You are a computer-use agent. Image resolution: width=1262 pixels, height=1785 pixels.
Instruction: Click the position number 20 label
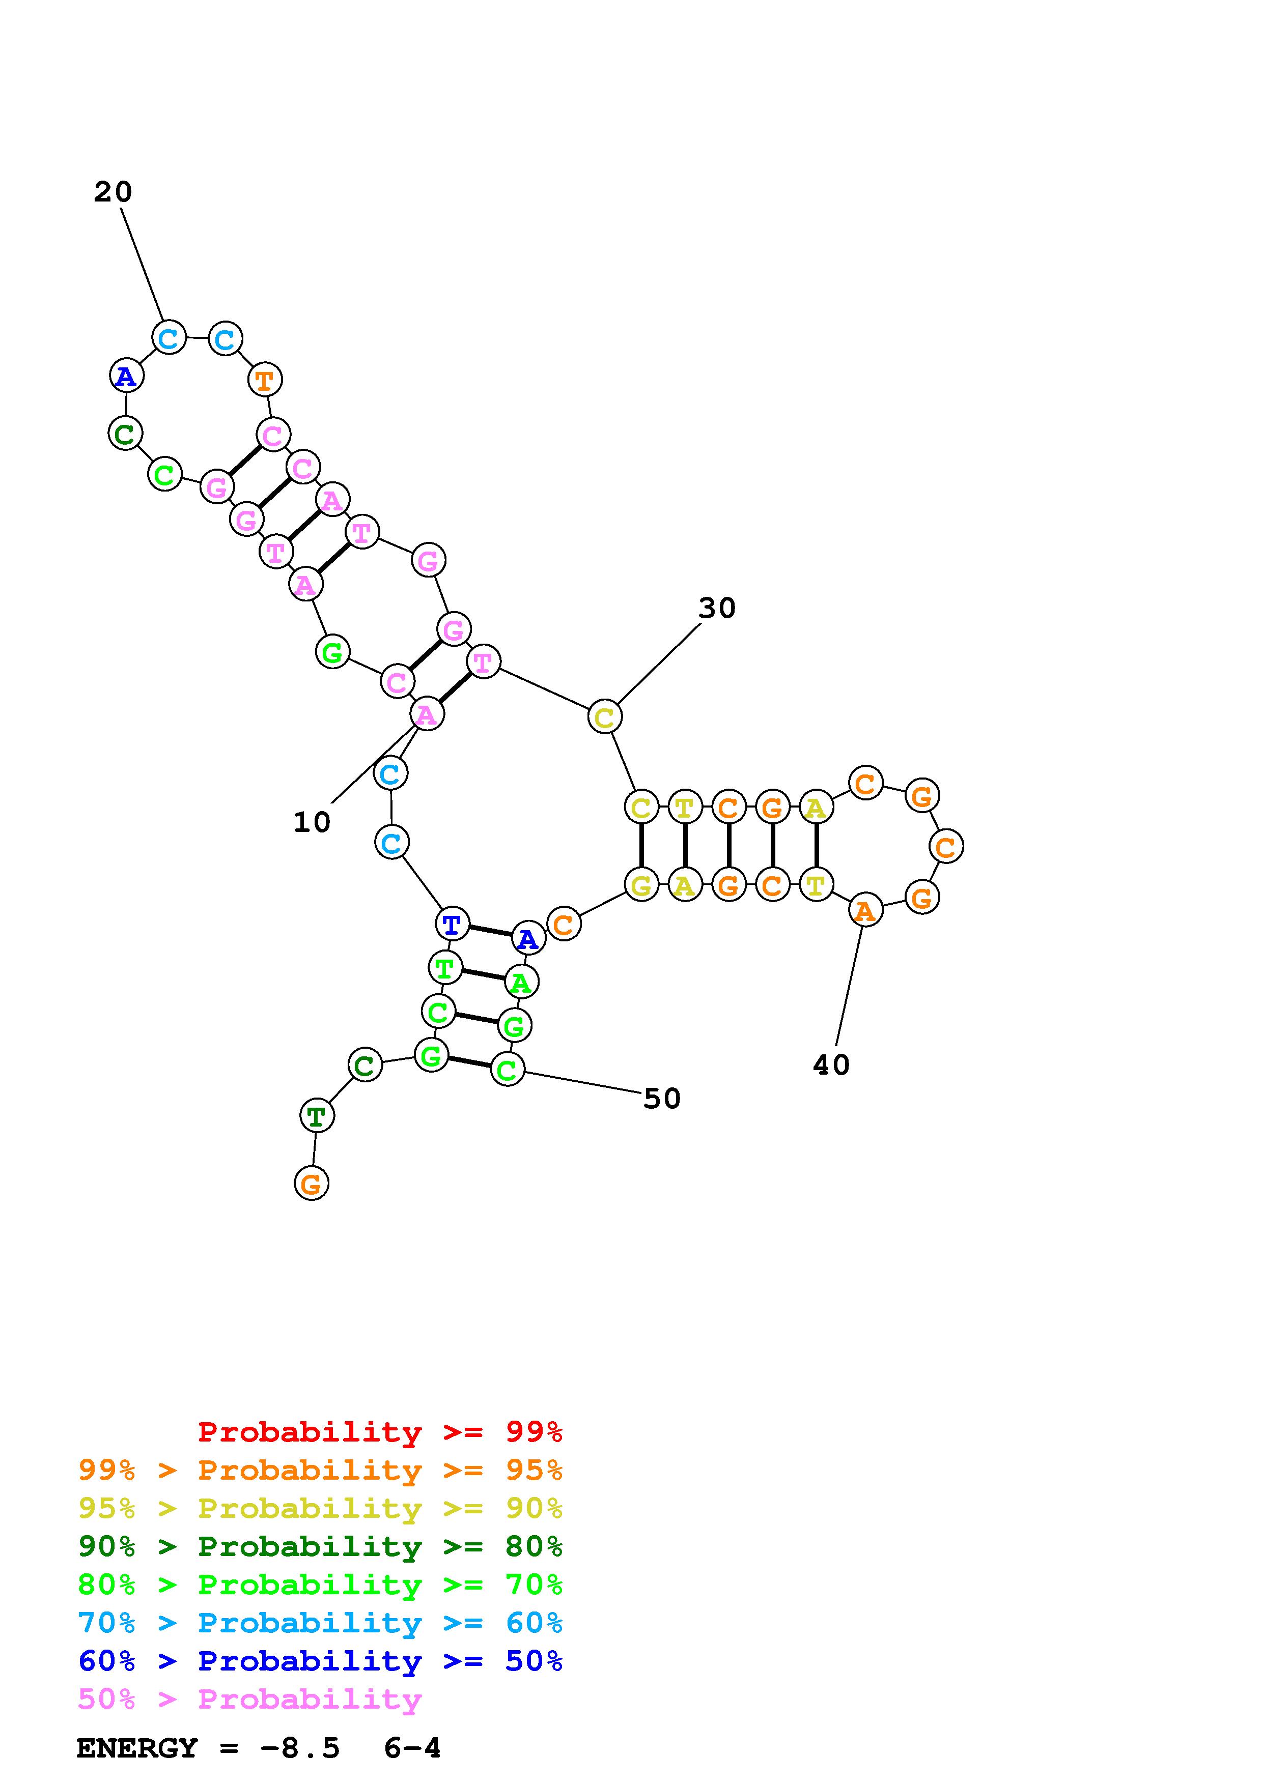tap(114, 192)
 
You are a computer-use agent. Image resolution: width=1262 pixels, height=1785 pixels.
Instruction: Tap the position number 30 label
tap(716, 608)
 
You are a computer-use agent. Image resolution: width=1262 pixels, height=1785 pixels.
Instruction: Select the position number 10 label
tap(312, 822)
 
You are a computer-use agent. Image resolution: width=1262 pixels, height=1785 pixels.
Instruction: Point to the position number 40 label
tap(831, 1064)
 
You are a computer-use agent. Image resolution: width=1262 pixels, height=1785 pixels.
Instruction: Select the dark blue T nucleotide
tap(452, 925)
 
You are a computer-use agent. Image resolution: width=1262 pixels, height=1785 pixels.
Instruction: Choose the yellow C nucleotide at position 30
tap(604, 717)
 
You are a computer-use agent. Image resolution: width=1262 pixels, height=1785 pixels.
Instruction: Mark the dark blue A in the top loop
tap(126, 376)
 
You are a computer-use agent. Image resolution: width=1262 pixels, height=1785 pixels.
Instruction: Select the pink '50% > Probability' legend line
tap(249, 1700)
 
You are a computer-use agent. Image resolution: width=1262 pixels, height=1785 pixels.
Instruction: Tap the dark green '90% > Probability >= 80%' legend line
tap(320, 1546)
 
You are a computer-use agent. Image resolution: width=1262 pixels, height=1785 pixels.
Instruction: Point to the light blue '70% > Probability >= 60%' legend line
tap(320, 1623)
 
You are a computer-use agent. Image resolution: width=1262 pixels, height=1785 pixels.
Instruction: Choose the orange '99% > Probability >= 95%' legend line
tap(320, 1470)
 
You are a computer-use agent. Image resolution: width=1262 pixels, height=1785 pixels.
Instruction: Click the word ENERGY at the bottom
tap(137, 1748)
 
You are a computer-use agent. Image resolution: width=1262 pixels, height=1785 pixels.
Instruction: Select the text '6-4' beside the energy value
tap(412, 1748)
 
